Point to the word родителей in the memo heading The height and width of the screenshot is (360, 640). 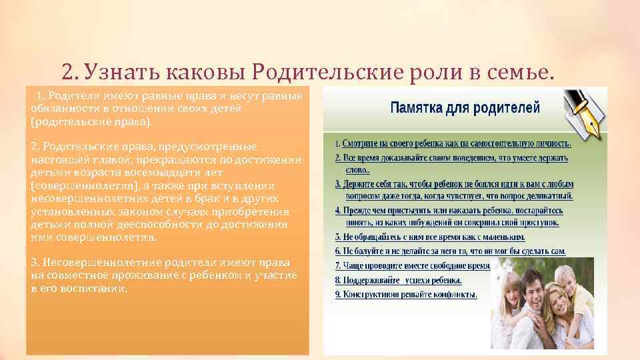pyautogui.click(x=507, y=107)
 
